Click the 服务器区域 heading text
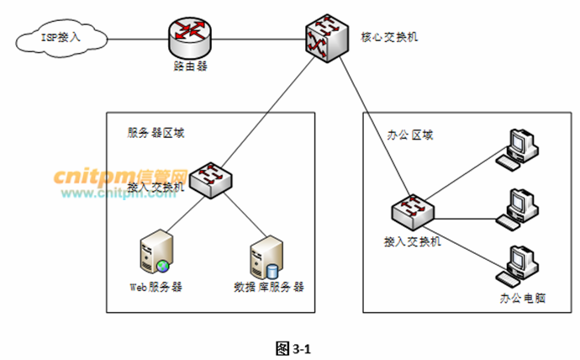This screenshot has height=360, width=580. click(x=156, y=134)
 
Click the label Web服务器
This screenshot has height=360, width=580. click(x=156, y=286)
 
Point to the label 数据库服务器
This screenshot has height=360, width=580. click(x=269, y=286)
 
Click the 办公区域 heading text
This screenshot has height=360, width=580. click(x=411, y=135)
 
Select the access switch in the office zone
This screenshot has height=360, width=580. click(x=413, y=211)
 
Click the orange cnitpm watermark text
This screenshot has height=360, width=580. click(x=119, y=176)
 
